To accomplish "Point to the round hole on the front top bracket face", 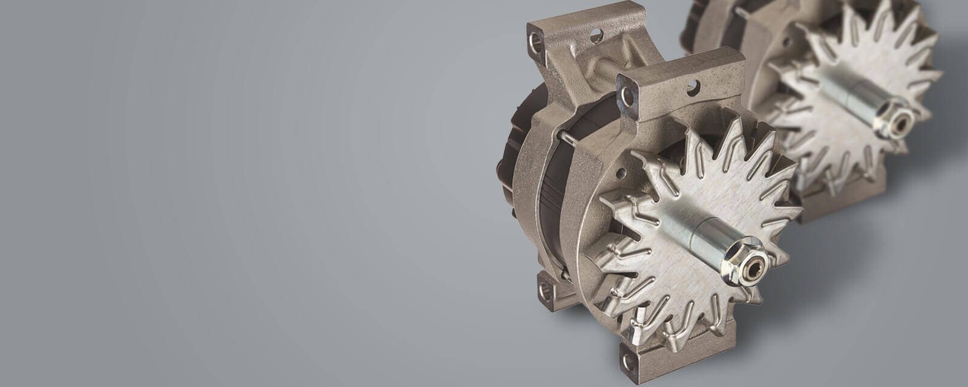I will [694, 88].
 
